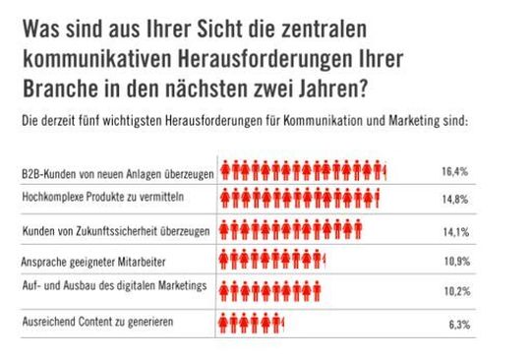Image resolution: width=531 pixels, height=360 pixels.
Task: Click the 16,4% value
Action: pos(454,172)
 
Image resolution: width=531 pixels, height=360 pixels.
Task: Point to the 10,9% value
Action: pos(454,264)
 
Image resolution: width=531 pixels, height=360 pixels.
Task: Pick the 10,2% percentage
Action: pos(454,292)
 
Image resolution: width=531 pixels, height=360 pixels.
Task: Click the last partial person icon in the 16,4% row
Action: pos(384,172)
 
